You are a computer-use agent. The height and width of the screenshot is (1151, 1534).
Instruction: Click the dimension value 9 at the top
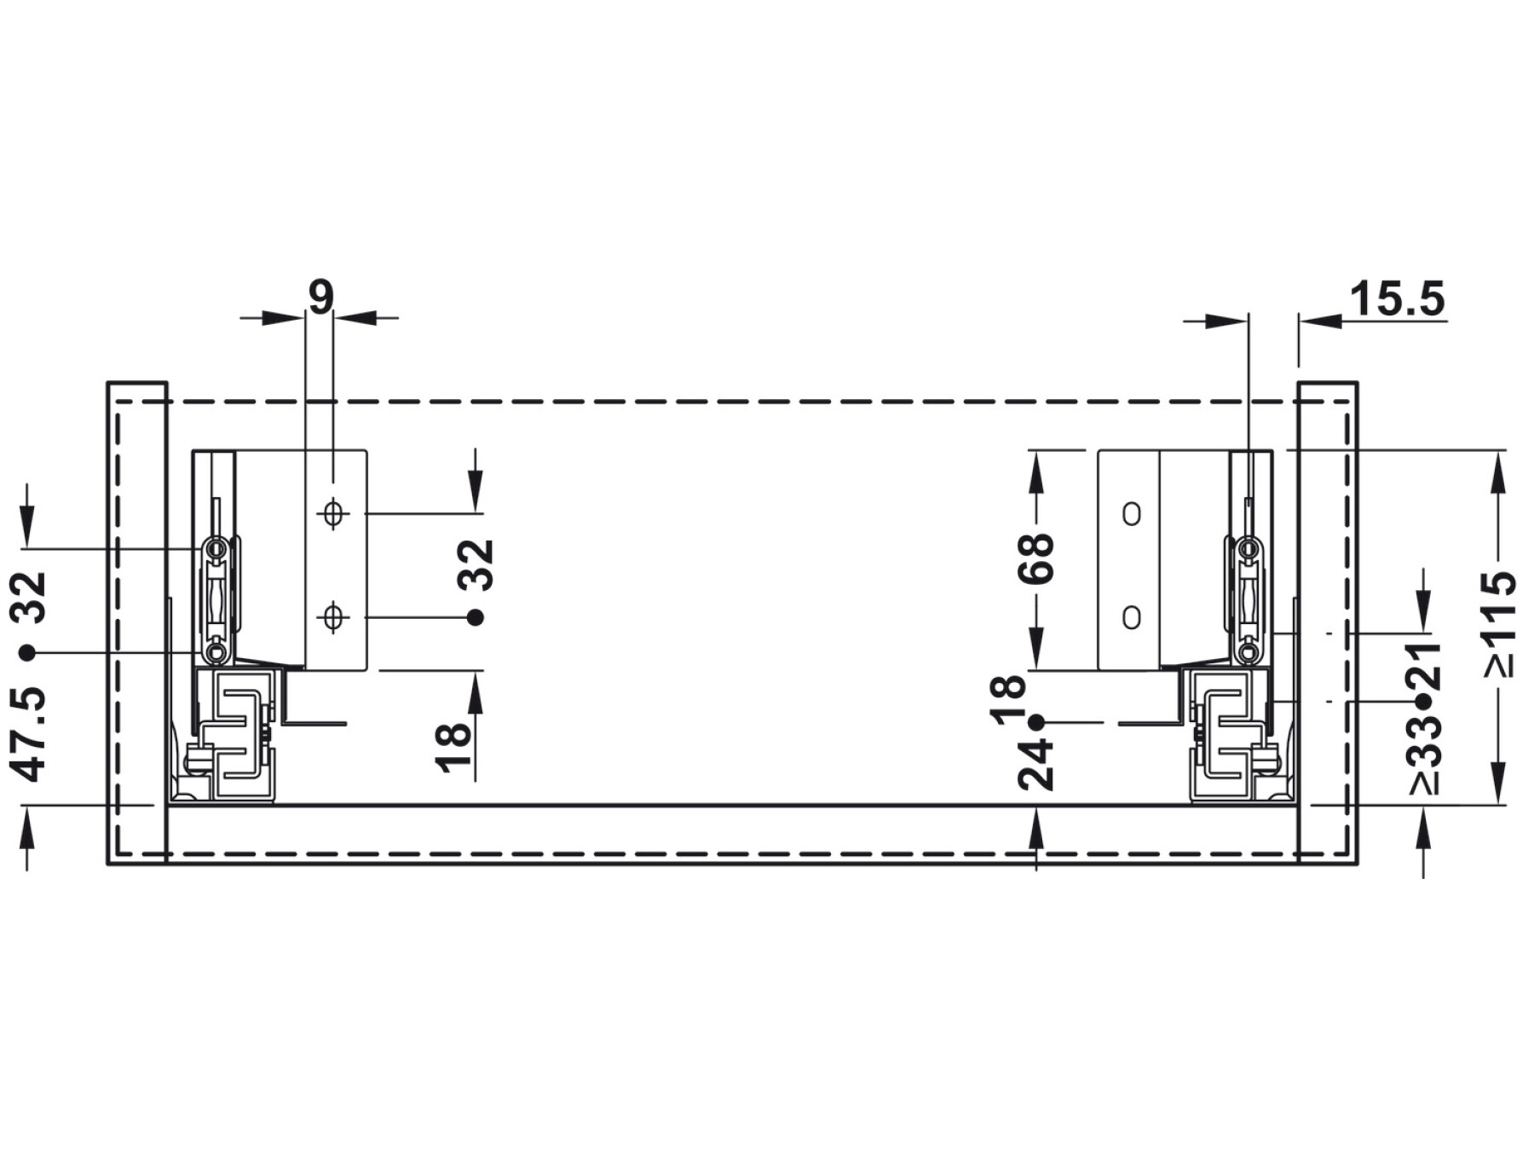click(320, 297)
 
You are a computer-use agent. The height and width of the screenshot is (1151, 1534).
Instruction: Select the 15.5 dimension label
click(1398, 299)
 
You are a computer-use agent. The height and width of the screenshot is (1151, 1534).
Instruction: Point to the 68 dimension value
click(1036, 558)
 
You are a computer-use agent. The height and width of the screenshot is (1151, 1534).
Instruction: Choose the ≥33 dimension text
click(1424, 755)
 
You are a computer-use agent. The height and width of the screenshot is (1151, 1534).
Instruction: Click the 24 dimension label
click(1036, 766)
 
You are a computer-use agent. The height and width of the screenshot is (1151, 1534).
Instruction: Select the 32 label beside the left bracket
click(476, 564)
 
